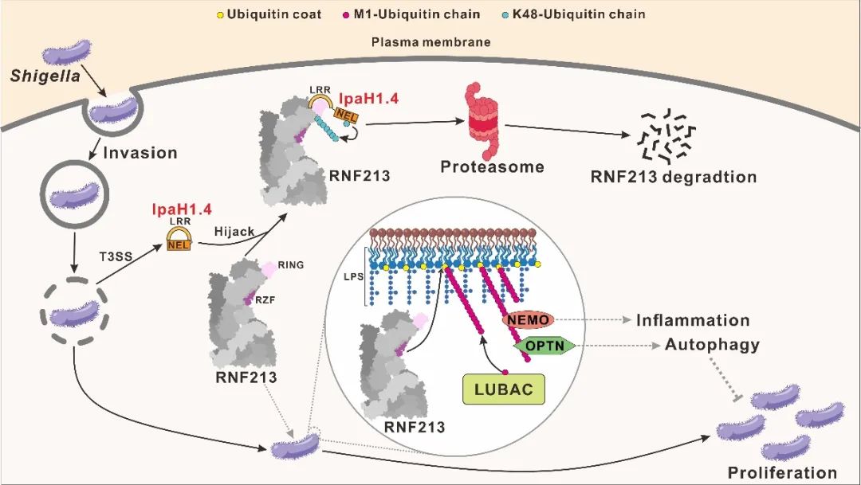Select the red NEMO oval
point(528,320)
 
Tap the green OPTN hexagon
point(545,345)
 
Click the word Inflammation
point(693,320)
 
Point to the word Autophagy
point(712,345)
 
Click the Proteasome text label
point(493,166)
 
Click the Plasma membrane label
point(431,41)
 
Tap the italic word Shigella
point(37,76)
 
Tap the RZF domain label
point(264,300)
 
